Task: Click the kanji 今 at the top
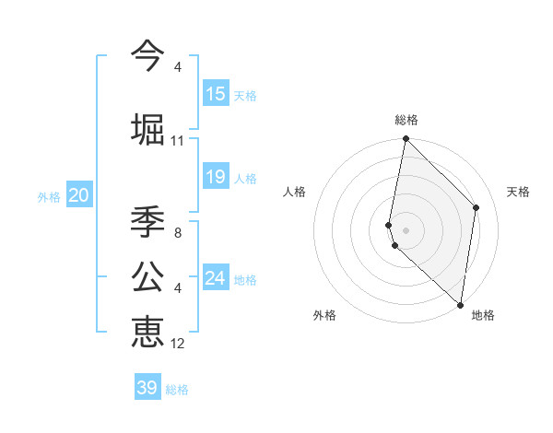click(147, 55)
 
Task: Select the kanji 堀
click(148, 128)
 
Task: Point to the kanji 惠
click(147, 331)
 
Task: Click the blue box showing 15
click(216, 94)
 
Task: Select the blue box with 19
click(216, 177)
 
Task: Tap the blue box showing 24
click(216, 278)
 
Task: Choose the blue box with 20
click(78, 195)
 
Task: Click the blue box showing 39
click(147, 388)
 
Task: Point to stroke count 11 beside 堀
click(178, 141)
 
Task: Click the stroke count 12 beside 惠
click(178, 344)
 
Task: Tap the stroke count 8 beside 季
click(178, 233)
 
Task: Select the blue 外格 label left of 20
click(49, 196)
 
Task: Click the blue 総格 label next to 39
click(178, 390)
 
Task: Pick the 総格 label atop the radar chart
click(406, 120)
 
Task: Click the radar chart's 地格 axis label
click(483, 315)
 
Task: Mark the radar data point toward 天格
click(477, 207)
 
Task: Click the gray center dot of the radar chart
click(406, 229)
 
